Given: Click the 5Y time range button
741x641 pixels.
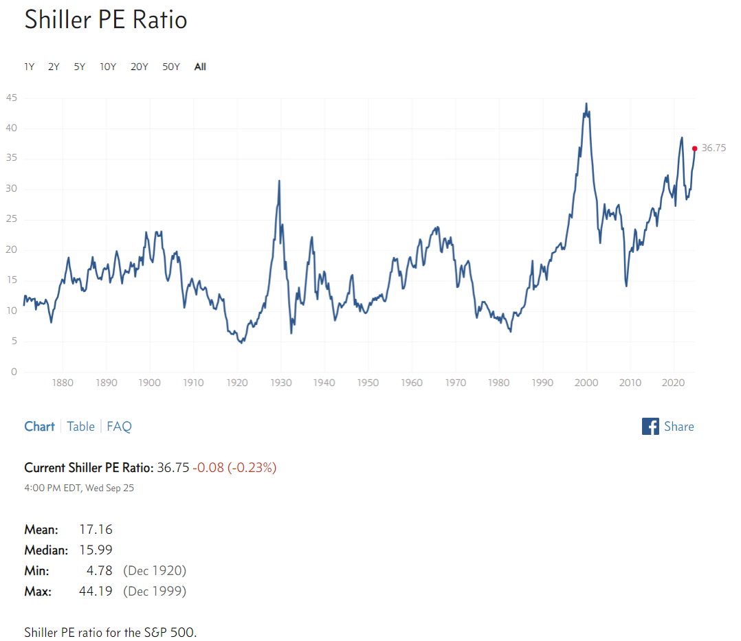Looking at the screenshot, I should point(80,67).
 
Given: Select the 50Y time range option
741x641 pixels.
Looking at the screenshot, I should point(171,67).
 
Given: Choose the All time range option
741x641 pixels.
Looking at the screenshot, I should point(200,67).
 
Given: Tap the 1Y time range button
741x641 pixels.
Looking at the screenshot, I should point(30,67).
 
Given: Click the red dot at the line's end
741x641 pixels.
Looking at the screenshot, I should point(694,148).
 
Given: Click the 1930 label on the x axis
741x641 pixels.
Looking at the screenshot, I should point(280,383).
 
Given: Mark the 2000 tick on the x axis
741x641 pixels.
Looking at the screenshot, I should point(586,383).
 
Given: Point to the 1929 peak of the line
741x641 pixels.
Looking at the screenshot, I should point(278,181).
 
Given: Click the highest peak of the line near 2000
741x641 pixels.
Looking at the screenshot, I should point(586,104).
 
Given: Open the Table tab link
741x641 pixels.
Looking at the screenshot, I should point(80,427).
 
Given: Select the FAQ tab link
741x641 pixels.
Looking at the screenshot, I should point(119,427).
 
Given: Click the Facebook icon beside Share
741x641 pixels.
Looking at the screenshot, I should point(650,427).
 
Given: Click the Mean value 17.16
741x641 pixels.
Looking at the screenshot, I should point(96,530).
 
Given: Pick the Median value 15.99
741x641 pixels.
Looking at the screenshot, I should point(96,550).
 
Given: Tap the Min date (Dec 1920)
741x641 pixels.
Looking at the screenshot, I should point(155,571).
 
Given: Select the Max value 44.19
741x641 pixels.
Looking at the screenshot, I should point(96,592).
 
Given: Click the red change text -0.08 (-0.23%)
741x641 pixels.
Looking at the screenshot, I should point(234,468).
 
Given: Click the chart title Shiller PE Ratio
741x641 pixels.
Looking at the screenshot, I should point(106,19).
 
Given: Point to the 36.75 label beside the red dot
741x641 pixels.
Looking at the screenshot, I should point(714,148).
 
